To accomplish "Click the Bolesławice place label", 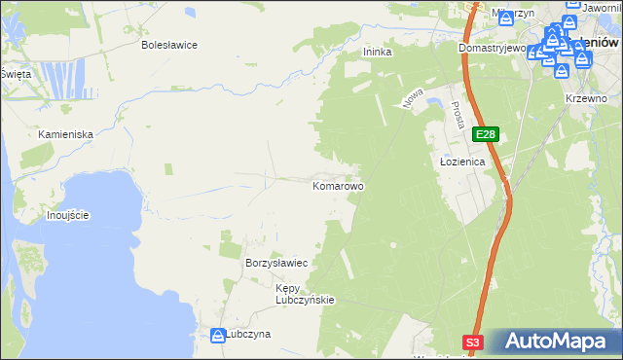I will tap(169, 45).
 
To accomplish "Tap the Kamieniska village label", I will tap(65, 134).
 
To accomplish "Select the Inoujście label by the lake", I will tap(68, 214).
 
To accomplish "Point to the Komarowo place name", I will tap(338, 185).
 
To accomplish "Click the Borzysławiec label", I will tap(277, 264).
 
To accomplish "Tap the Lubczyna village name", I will tap(248, 334).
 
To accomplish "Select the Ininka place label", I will tap(377, 53).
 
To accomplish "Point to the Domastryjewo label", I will tap(492, 48).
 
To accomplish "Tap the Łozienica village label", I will tap(458, 163).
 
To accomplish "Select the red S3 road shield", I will tap(473, 342).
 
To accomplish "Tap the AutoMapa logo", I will tap(555, 341).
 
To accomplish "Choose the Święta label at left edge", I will tap(16, 74).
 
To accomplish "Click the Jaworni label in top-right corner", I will tap(602, 10).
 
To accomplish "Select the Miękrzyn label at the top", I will tap(513, 13).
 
